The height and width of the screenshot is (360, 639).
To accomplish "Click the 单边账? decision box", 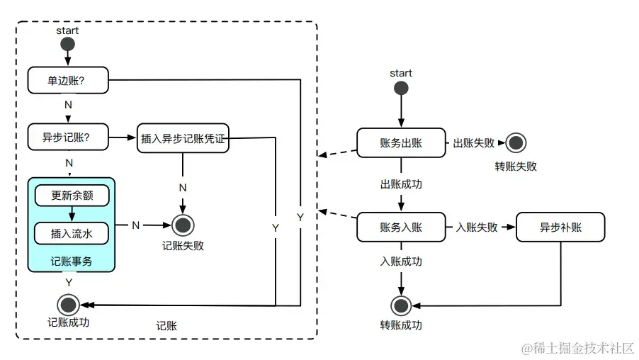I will [x=69, y=80].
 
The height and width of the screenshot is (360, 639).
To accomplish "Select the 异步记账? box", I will [x=69, y=137].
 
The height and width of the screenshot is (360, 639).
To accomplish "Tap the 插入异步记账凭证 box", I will [x=183, y=140].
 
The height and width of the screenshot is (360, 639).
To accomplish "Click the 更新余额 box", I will [x=72, y=196].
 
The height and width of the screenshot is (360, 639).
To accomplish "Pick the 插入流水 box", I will [x=72, y=232].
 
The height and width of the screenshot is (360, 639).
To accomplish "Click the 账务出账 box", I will [x=400, y=142].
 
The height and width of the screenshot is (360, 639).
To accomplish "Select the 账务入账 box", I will [x=400, y=227].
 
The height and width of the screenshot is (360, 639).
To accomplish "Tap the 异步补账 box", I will [x=561, y=227].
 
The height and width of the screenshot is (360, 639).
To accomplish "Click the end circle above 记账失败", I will [x=183, y=225].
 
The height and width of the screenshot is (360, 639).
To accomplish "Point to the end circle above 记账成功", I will [x=69, y=305].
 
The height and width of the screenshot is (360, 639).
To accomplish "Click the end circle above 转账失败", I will [x=516, y=143].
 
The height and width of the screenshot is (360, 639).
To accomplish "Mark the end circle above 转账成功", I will [x=401, y=306].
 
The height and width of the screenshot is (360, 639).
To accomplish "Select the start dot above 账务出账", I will [x=401, y=88].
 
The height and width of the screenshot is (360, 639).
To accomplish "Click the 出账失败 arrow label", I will [x=473, y=143].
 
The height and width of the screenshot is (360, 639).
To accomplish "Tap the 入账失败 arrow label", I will [x=476, y=227].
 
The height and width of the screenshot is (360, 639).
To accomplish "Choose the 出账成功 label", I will [x=401, y=184].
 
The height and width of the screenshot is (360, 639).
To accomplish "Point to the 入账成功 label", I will [x=401, y=261].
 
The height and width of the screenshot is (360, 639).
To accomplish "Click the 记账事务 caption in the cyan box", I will [x=72, y=261].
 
